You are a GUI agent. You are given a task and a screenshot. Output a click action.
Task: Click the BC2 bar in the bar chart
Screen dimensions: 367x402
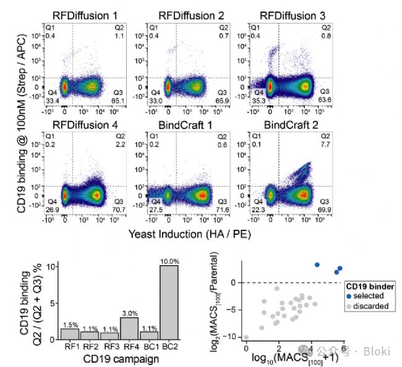[x=169, y=302]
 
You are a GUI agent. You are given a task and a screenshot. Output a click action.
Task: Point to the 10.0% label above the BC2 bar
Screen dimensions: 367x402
[x=169, y=261]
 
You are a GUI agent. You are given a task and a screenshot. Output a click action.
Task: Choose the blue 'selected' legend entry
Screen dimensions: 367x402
[x=366, y=296]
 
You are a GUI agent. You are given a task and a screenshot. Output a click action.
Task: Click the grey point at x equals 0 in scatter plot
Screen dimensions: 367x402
[x=246, y=337]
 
